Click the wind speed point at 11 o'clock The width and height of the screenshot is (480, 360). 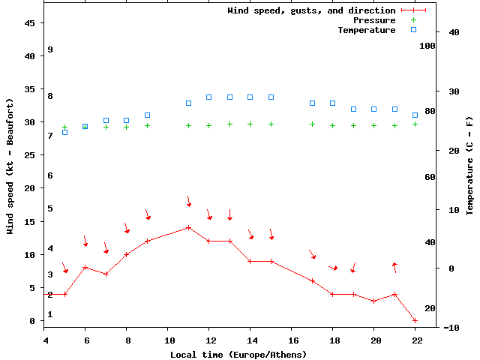[x=188, y=227]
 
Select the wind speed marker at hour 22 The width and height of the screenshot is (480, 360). [x=415, y=320]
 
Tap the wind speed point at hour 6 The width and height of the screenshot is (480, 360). [x=85, y=267]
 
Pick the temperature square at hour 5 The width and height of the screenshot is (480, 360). [x=64, y=132]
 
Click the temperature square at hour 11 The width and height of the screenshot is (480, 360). [x=188, y=103]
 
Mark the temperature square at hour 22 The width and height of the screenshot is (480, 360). [x=415, y=115]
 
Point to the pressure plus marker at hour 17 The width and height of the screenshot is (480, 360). [x=312, y=124]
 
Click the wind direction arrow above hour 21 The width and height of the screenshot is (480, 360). [x=394, y=267]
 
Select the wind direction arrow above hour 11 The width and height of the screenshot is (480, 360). [x=189, y=201]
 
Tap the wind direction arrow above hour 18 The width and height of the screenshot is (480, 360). [x=333, y=268]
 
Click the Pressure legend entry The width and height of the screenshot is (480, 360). [x=373, y=20]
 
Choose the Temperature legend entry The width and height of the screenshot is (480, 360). [x=366, y=30]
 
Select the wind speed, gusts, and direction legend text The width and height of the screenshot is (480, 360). [x=311, y=10]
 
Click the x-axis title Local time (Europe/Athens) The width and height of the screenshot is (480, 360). [x=238, y=354]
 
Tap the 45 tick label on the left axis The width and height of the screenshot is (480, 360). [x=31, y=23]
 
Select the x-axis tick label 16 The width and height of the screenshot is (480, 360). [x=292, y=340]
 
